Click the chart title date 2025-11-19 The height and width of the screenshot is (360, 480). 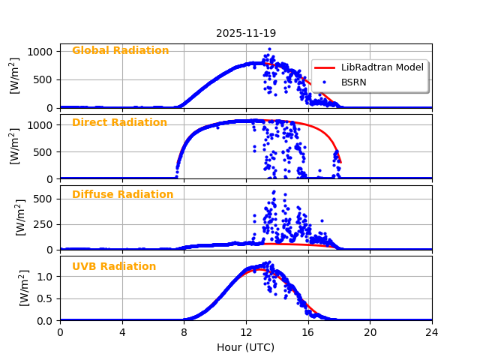pyautogui.click(x=246, y=33)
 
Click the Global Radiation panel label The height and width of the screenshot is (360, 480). pyautogui.click(x=120, y=51)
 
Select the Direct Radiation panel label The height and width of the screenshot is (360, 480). pyautogui.click(x=119, y=123)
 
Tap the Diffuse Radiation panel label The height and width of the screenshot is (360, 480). pyautogui.click(x=122, y=195)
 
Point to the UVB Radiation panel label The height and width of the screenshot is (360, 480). pyautogui.click(x=114, y=267)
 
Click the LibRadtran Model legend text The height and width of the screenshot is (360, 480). pyautogui.click(x=382, y=67)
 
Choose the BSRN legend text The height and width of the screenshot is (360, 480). pyautogui.click(x=354, y=82)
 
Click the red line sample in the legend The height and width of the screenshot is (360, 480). pyautogui.click(x=324, y=67)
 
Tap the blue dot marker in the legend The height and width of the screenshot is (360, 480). pyautogui.click(x=324, y=82)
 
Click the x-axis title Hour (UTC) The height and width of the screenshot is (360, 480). pyautogui.click(x=246, y=348)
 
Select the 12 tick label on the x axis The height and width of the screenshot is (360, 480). pyautogui.click(x=246, y=333)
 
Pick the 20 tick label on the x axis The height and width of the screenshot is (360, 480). pyautogui.click(x=370, y=333)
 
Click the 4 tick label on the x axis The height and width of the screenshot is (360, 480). pyautogui.click(x=122, y=333)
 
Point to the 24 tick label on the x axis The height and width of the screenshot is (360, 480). pyautogui.click(x=432, y=333)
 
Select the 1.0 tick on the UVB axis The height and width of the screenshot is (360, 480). pyautogui.click(x=47, y=277)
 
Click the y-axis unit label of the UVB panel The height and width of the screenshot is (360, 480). pyautogui.click(x=25, y=288)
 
